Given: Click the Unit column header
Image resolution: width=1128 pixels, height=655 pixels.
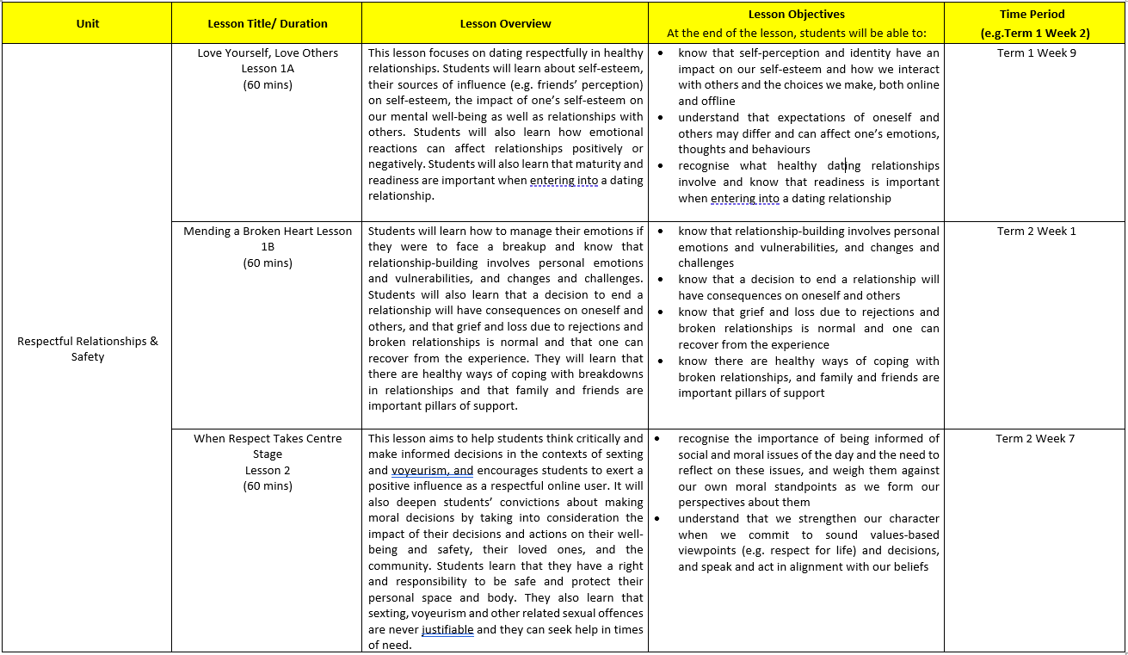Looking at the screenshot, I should pos(87,24).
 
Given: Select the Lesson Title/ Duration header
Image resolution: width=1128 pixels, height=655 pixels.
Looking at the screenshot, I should pos(267,24).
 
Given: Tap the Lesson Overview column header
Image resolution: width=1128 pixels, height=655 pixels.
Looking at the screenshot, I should pos(505,24).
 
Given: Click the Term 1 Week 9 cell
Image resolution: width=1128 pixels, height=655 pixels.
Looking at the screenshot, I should pos(1036,53).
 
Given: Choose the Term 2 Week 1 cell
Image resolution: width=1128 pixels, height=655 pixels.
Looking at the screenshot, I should pos(1036,232).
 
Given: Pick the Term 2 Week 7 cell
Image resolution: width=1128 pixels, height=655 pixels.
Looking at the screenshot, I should pos(1035,439).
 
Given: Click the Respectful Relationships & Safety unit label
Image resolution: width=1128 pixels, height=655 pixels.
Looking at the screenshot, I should pos(88,349).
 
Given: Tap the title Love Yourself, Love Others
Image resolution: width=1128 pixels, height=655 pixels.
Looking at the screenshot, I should pos(268,53).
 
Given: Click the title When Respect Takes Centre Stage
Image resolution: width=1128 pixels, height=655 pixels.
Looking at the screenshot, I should pos(268,447).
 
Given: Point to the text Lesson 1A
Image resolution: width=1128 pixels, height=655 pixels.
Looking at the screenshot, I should pos(268,69).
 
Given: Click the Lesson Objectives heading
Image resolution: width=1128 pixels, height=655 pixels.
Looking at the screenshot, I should pos(797,15).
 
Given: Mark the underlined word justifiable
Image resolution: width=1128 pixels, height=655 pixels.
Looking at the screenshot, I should pos(447,630).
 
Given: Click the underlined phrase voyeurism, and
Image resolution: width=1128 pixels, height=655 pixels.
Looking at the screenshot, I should pos(432,471).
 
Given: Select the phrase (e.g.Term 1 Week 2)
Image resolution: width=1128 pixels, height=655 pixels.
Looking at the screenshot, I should pos(1035,34).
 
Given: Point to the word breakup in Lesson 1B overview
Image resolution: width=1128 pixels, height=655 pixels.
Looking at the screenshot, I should pos(526,247).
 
